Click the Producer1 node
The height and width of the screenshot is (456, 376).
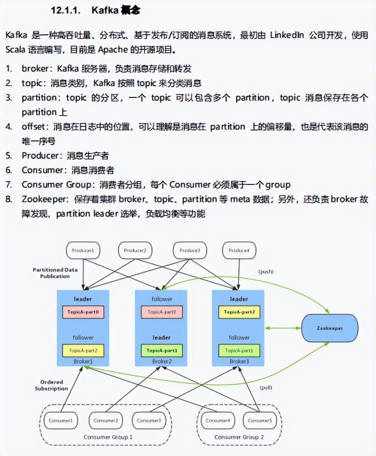click(83, 250)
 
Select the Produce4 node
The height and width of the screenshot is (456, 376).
click(240, 250)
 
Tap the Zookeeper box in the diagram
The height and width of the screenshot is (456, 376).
click(330, 328)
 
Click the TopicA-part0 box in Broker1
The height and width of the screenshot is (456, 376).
click(83, 313)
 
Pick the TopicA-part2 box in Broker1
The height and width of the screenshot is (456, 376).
click(83, 350)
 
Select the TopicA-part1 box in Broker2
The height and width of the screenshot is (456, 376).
click(162, 350)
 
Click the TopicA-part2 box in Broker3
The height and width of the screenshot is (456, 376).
click(239, 313)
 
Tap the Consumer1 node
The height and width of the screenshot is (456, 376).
click(64, 421)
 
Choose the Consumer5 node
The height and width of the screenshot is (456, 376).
click(259, 421)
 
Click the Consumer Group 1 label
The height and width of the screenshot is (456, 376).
click(108, 437)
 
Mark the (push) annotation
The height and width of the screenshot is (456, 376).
click(266, 272)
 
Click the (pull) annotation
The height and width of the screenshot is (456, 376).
click(266, 388)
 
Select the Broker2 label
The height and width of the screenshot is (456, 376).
click(162, 362)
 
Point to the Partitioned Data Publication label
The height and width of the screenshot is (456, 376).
click(55, 273)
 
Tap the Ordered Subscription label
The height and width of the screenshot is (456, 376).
click(52, 385)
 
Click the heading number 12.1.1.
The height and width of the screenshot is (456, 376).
click(64, 11)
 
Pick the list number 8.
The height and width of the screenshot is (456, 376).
click(9, 199)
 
